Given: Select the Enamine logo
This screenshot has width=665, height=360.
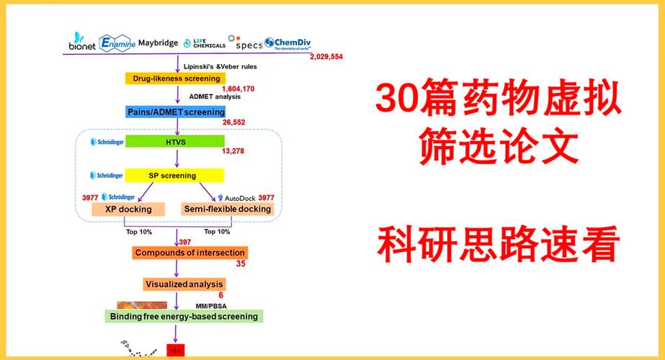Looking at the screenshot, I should (x=116, y=43).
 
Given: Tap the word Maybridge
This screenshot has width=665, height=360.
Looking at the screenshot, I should (x=158, y=43).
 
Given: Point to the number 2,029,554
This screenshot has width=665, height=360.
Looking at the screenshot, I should (x=326, y=57).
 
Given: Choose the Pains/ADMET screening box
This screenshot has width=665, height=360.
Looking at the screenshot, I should (x=176, y=112).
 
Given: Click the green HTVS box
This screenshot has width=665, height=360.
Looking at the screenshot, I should (x=176, y=142).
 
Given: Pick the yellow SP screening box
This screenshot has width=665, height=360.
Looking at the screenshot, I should (x=176, y=175).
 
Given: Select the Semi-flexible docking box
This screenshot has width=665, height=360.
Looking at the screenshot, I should (x=228, y=209).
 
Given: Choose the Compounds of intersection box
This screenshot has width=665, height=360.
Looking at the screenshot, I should (x=190, y=253).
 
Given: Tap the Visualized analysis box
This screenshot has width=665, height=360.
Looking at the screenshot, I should (x=184, y=284).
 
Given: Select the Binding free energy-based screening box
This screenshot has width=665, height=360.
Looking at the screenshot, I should (x=183, y=316).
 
